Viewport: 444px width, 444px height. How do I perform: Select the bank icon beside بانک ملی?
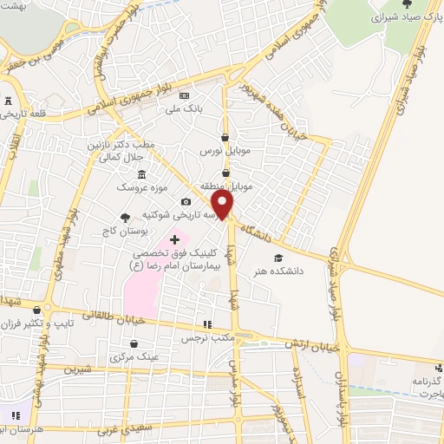tap(183, 95)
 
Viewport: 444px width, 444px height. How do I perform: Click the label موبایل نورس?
tap(225, 151)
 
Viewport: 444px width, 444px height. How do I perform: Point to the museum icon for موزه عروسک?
tap(141, 176)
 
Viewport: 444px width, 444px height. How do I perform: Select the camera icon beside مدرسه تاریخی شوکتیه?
tap(185, 202)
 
